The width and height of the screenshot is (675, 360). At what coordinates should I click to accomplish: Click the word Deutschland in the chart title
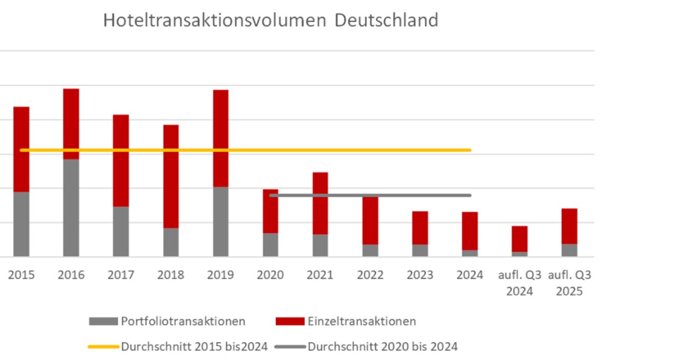click(386, 20)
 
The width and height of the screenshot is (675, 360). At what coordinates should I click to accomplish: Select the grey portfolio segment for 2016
click(71, 208)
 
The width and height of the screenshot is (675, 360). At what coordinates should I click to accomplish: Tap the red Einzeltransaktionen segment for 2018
click(171, 176)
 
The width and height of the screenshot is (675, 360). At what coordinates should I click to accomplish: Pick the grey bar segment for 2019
click(220, 221)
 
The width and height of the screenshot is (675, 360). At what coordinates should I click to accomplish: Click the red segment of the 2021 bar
click(320, 203)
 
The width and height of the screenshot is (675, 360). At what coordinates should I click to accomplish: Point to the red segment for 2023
click(420, 228)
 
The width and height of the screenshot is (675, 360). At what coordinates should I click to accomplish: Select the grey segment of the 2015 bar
click(21, 224)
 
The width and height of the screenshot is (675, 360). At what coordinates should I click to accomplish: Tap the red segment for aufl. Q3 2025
click(569, 226)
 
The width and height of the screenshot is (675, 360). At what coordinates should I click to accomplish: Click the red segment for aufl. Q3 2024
click(519, 239)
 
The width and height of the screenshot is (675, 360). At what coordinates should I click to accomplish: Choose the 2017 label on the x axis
click(121, 275)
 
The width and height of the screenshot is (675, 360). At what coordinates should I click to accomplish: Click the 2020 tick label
click(270, 275)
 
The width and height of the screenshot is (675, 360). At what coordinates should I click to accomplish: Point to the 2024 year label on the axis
click(470, 275)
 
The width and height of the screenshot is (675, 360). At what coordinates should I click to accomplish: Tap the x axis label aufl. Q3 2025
click(570, 283)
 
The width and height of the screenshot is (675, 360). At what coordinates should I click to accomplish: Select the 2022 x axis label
click(370, 275)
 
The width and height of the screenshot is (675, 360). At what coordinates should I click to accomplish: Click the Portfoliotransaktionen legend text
click(183, 321)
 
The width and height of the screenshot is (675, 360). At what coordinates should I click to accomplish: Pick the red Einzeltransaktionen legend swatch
click(290, 321)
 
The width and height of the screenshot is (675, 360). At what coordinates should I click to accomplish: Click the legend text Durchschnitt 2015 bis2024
click(194, 347)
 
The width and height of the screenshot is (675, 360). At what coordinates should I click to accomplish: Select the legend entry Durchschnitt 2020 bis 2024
click(382, 347)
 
